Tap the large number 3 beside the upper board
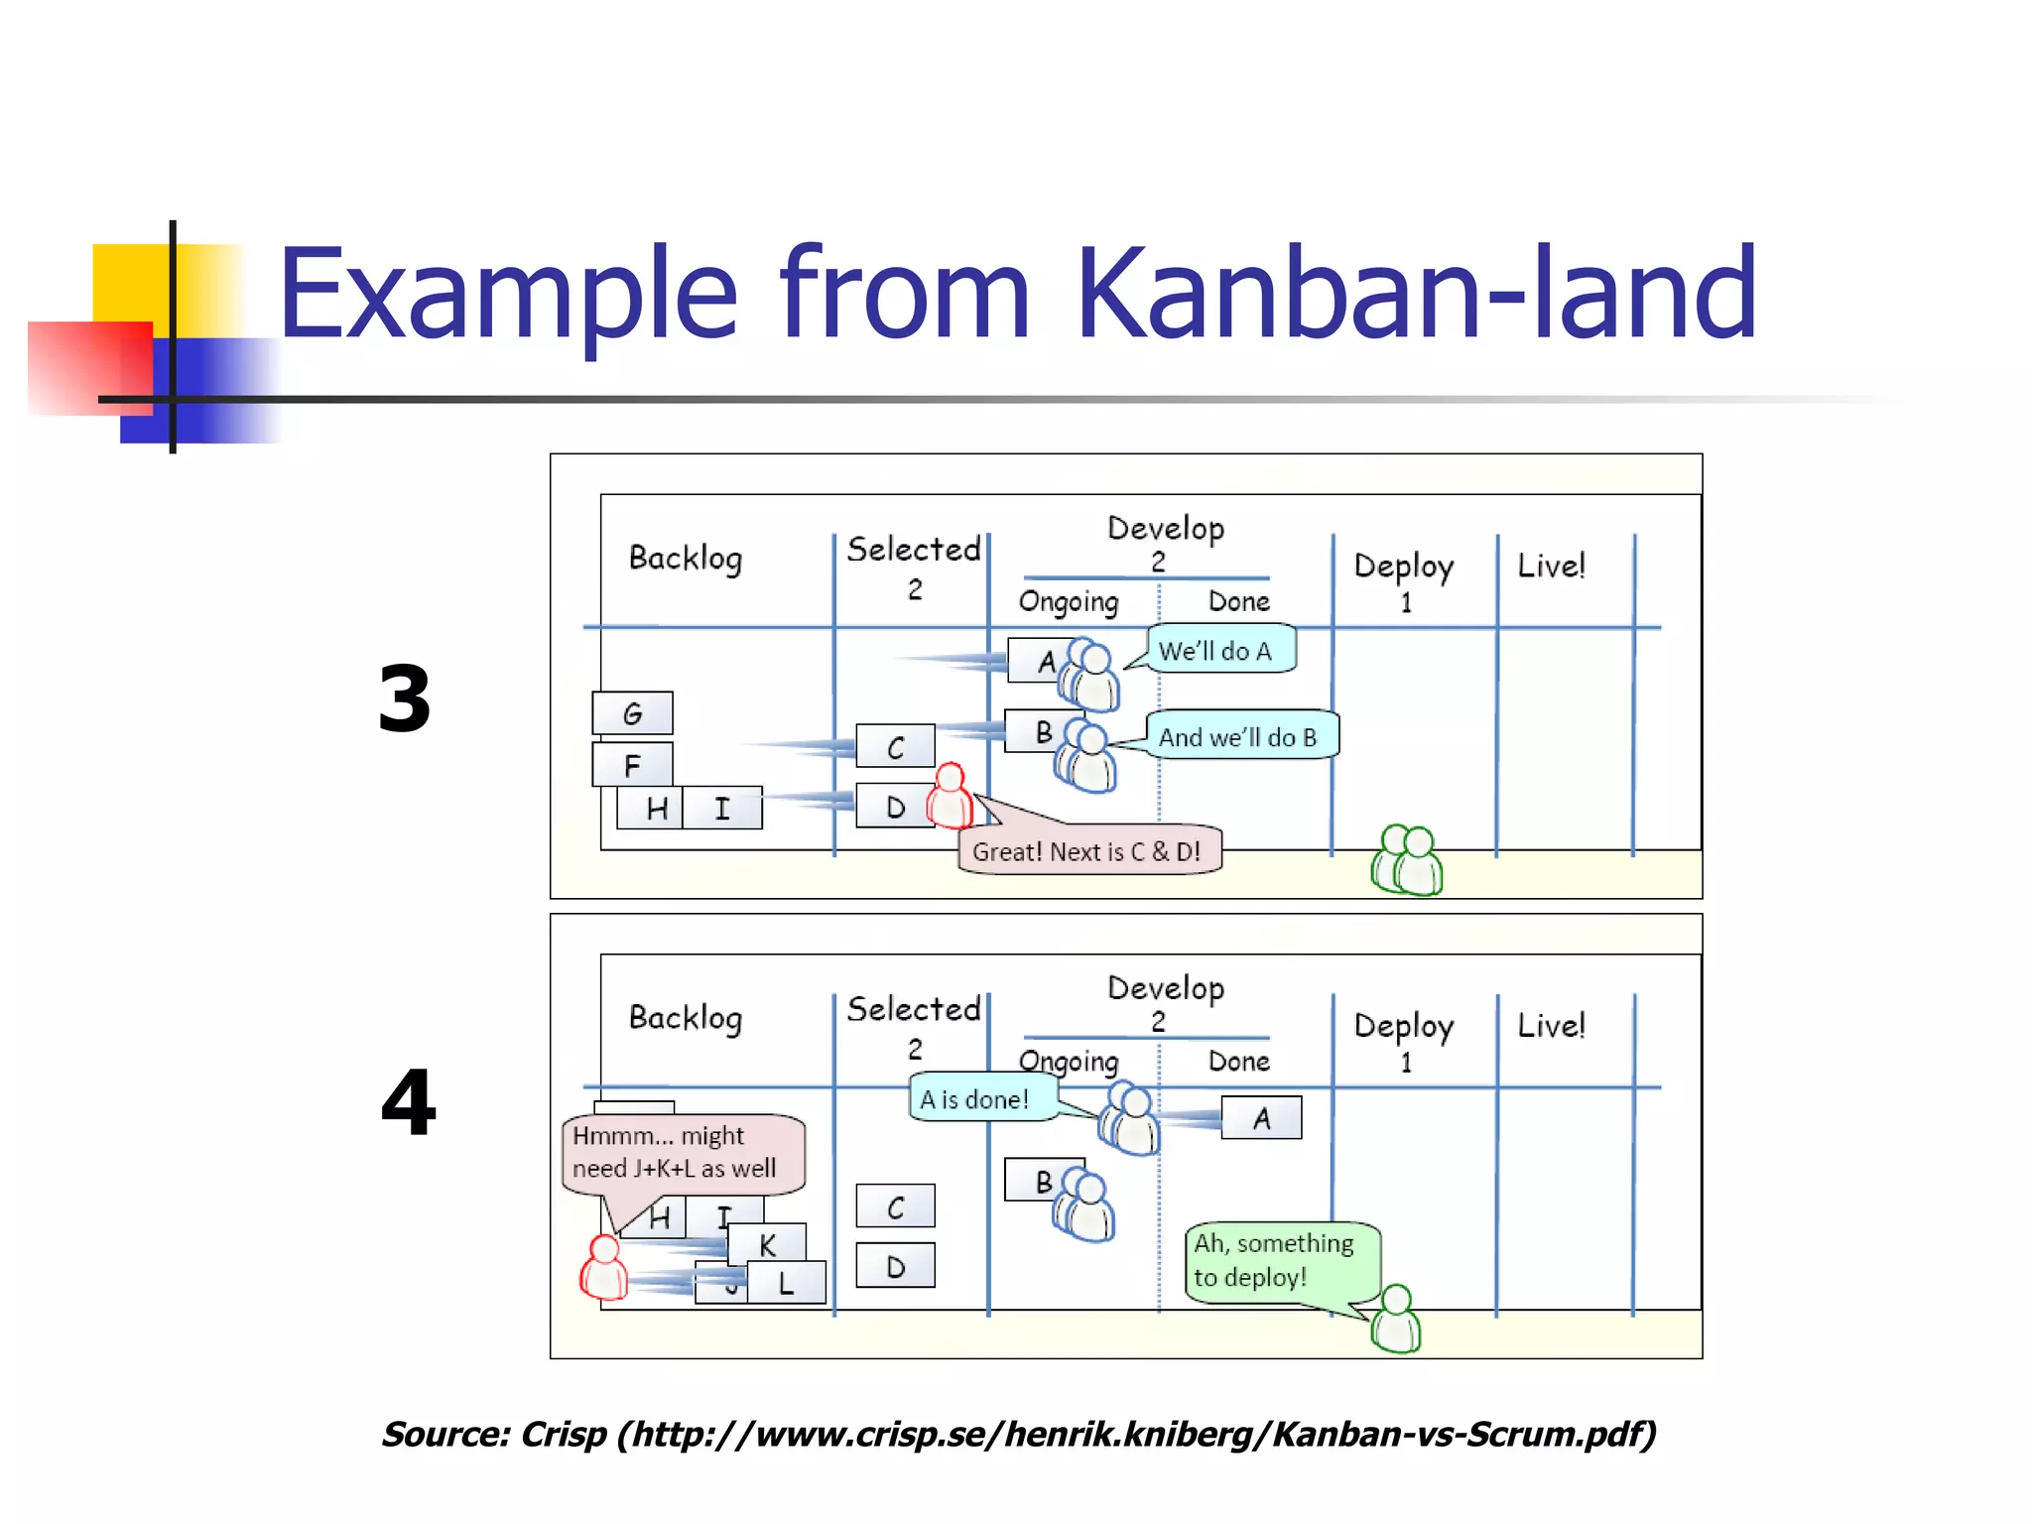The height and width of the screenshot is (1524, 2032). pos(405,699)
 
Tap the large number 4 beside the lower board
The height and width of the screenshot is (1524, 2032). pos(408,1102)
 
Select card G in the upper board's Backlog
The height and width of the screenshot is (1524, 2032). pos(632,713)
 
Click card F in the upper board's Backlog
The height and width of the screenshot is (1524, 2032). pos(632,765)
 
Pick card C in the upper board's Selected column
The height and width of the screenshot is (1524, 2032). pos(895,746)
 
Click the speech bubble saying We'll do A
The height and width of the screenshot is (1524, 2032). pos(1220,650)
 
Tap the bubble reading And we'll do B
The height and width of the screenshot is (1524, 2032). pos(1240,736)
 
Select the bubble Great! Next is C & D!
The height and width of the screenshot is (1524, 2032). pos(1088,850)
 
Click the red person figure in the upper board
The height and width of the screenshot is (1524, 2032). pos(951,796)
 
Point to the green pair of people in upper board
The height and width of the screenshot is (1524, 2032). pos(1408,860)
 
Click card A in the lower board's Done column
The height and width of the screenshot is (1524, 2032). pos(1261,1118)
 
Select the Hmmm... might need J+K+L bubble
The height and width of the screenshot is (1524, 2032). pos(683,1153)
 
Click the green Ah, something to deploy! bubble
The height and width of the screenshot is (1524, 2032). pos(1280,1260)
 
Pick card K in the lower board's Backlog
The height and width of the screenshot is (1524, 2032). pos(767,1244)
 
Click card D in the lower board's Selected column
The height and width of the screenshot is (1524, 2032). pos(895,1266)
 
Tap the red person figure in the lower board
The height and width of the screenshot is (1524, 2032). pos(604,1268)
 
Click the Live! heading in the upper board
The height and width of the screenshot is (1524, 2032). pos(1551,566)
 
